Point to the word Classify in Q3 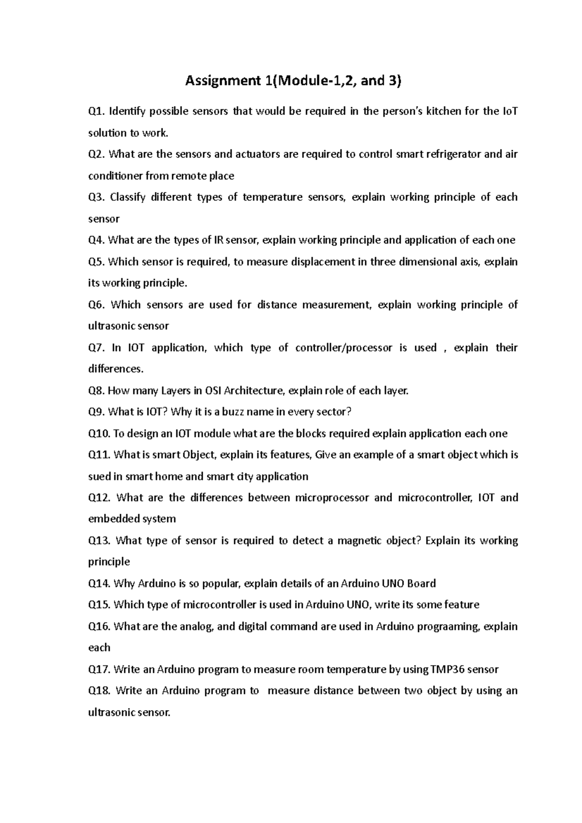point(128,197)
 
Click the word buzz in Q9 point(233,412)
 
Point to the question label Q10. point(99,433)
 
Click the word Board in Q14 point(421,584)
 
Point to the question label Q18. point(99,691)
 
